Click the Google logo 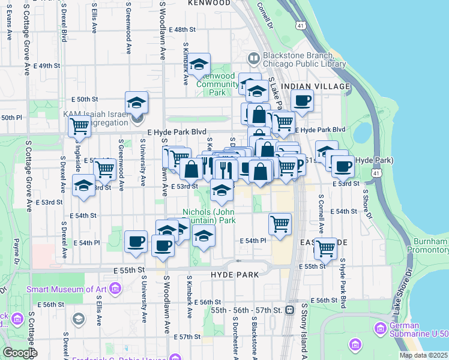(20, 353)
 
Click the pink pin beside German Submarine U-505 (379, 328)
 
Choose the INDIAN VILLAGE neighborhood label (315, 86)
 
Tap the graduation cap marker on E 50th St (137, 102)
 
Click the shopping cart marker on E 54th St (280, 224)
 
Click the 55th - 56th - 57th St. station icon (289, 310)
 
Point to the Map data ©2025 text (423, 355)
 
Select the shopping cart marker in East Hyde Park (325, 247)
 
